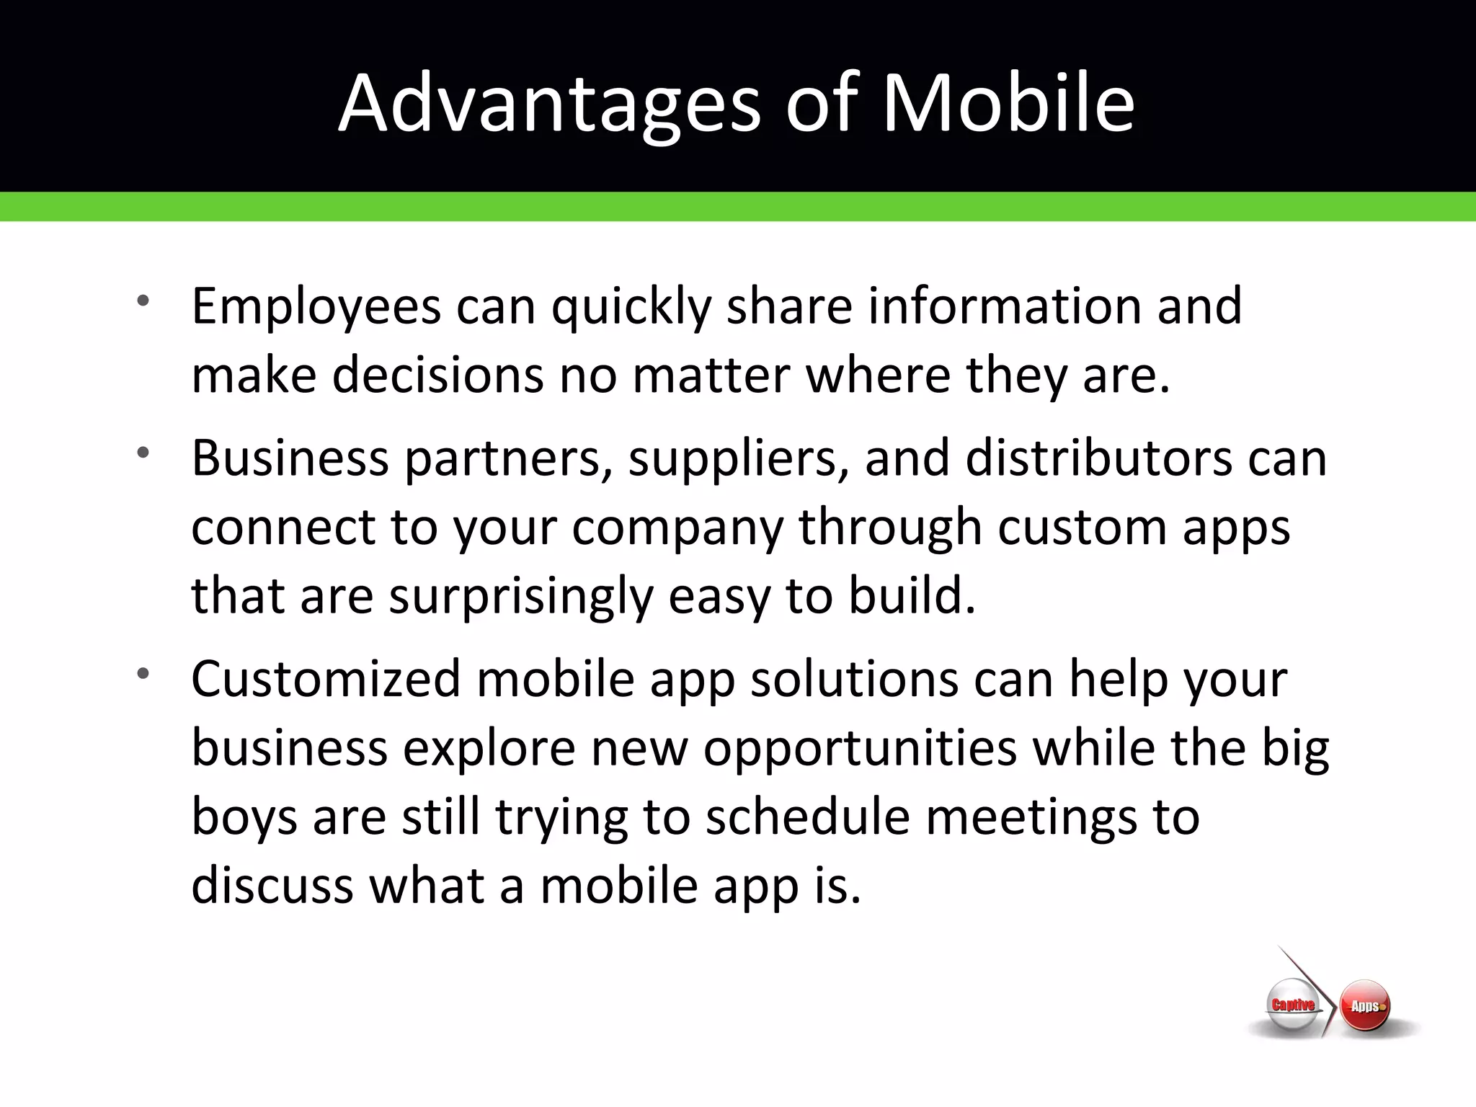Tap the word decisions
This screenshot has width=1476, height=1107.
437,376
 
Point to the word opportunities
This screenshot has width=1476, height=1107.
860,750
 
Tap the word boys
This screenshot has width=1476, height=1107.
244,819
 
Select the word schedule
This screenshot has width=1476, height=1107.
807,817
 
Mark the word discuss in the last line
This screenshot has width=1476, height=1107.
272,886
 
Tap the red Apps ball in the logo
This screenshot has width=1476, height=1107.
1365,1006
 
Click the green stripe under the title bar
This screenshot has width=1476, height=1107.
738,207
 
